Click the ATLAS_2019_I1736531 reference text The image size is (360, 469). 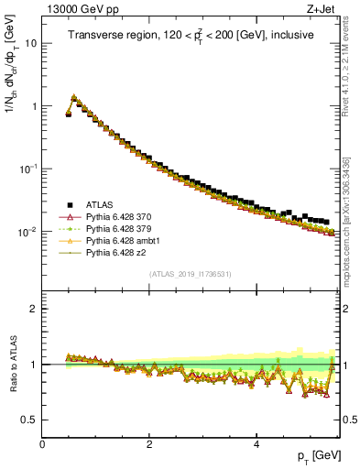click(x=191, y=274)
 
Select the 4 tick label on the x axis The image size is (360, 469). click(x=256, y=443)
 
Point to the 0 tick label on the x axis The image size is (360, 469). click(x=42, y=443)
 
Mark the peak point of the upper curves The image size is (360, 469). click(x=74, y=96)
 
